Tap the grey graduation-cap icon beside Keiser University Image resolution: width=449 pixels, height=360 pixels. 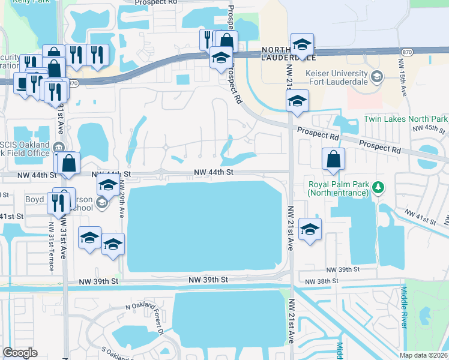(376, 76)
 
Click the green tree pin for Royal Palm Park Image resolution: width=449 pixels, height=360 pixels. (378, 188)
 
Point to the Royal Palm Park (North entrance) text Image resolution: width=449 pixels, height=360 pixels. (337, 188)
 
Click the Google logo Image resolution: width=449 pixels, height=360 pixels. (20, 352)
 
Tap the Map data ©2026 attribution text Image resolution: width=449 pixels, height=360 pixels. (424, 355)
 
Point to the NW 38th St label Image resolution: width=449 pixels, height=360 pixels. (321, 281)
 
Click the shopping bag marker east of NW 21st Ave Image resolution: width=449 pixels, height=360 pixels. (333, 159)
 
